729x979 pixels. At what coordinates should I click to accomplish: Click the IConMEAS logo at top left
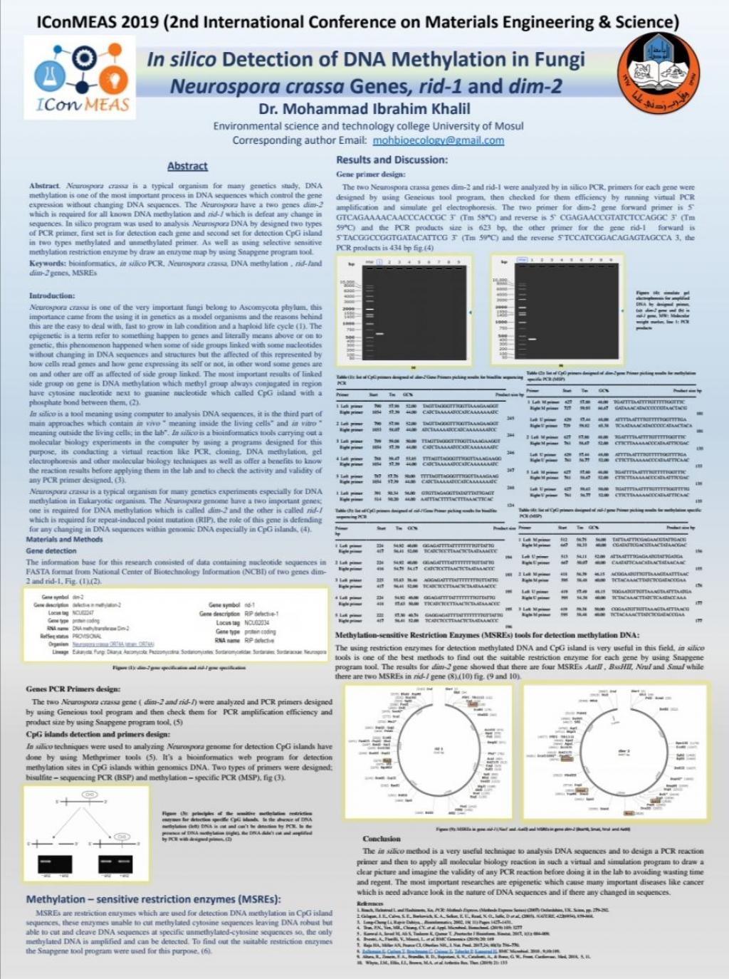(x=80, y=77)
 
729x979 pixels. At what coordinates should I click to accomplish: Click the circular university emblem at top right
(x=659, y=76)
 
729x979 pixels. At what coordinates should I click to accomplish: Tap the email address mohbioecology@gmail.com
(x=438, y=140)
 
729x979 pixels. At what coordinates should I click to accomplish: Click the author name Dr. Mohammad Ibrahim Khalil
(x=364, y=109)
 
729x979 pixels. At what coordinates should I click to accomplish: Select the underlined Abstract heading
(x=187, y=166)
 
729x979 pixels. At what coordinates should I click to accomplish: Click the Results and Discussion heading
(x=392, y=159)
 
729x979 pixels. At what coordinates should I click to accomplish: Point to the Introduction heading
(x=51, y=295)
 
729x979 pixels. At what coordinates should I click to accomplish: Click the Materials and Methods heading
(x=64, y=539)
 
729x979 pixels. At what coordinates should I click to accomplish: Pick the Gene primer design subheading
(x=370, y=174)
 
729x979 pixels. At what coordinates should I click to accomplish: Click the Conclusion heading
(x=382, y=839)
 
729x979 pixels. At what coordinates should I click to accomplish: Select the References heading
(x=369, y=904)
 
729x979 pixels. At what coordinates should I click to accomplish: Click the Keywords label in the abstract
(x=47, y=263)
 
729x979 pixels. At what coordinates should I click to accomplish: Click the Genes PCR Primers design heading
(x=73, y=689)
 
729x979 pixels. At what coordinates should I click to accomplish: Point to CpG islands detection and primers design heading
(x=98, y=734)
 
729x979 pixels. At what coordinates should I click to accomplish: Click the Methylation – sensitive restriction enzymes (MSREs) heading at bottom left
(x=153, y=899)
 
